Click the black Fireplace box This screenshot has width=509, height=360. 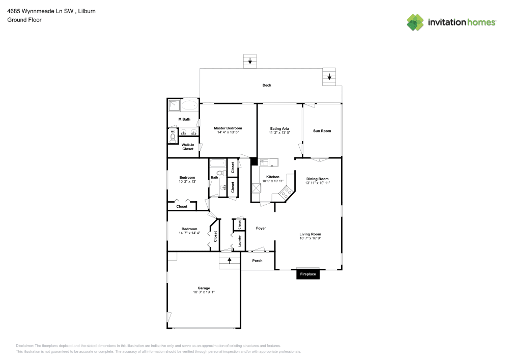[308, 274]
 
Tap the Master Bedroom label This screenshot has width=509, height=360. [228, 128]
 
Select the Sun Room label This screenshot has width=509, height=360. [322, 131]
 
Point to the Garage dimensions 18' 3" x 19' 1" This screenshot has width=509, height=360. [204, 292]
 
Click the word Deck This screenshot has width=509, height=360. [267, 85]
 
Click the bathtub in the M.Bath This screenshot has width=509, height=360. [189, 105]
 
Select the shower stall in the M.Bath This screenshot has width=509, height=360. [174, 105]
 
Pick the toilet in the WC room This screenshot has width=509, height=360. [173, 139]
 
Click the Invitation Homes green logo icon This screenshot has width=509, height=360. [415, 22]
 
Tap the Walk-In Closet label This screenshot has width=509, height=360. [188, 147]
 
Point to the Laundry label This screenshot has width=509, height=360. [240, 241]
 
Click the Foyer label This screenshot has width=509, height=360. [261, 228]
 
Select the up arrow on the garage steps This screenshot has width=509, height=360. [230, 260]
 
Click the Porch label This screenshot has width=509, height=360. [257, 261]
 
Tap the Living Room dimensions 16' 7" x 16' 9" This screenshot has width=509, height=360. [310, 238]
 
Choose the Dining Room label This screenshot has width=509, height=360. [318, 179]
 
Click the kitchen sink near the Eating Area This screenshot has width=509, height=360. [264, 162]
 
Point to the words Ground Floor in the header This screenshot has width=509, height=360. [24, 20]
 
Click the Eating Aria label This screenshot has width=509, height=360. [279, 128]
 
